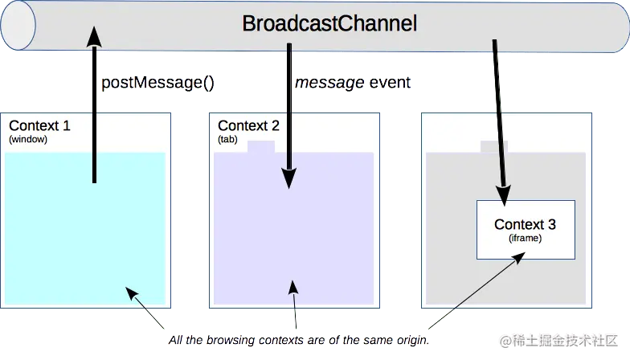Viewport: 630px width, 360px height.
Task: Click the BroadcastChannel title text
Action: (329, 24)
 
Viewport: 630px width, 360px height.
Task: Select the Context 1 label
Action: (39, 126)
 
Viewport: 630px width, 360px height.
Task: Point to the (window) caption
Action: (28, 139)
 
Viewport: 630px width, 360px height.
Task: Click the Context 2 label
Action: (248, 126)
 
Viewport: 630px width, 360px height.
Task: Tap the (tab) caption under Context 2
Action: (229, 139)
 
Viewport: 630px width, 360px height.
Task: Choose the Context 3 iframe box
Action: (526, 229)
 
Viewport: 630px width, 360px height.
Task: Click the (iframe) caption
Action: (526, 239)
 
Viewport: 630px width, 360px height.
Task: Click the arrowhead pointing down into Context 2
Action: (288, 180)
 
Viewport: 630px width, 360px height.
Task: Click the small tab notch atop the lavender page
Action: (261, 147)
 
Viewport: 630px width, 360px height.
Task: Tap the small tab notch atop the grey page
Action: (493, 146)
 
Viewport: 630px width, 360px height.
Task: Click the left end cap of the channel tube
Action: (18, 25)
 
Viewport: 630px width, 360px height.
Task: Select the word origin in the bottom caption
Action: (410, 340)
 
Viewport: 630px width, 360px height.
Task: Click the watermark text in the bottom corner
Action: (560, 340)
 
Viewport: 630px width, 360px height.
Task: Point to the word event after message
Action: (390, 83)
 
